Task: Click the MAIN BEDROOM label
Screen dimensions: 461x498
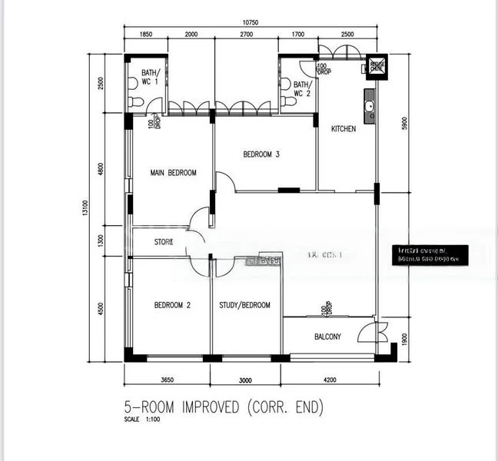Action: point(173,173)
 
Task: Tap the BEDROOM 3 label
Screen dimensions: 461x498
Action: point(261,154)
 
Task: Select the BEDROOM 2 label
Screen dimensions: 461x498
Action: point(172,305)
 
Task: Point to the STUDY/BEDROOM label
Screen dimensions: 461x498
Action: point(245,305)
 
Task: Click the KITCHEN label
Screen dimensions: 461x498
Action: point(343,129)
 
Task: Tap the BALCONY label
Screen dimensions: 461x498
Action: point(328,337)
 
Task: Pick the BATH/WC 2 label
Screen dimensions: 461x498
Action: point(301,89)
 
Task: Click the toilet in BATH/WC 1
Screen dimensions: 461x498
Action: point(136,101)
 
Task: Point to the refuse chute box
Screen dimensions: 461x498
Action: point(377,66)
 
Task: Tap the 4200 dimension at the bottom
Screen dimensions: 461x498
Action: point(329,380)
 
